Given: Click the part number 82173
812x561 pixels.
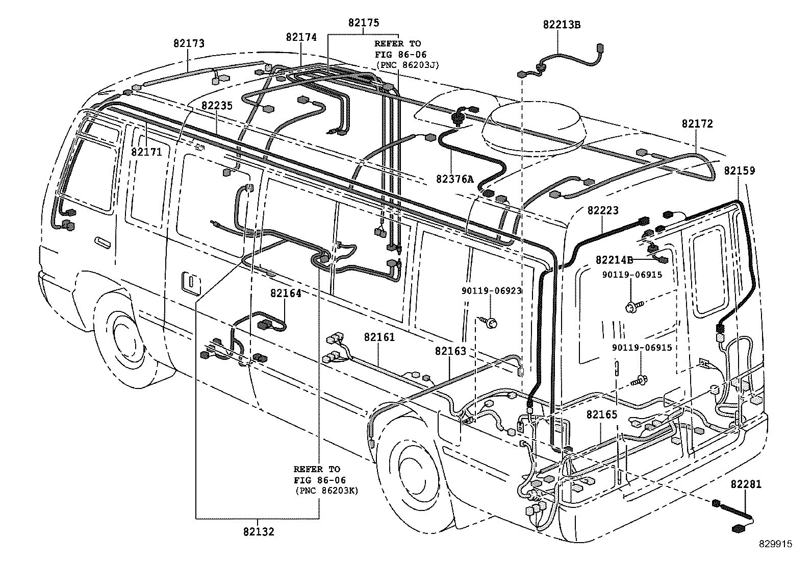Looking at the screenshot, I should [x=188, y=43].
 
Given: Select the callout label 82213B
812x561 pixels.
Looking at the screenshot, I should [x=561, y=25].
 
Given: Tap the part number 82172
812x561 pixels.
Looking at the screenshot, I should [x=697, y=124].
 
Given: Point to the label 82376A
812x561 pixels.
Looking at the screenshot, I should [x=455, y=179].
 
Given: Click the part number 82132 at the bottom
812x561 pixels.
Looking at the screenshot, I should [x=259, y=532].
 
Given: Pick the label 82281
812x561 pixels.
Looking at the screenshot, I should [x=746, y=484].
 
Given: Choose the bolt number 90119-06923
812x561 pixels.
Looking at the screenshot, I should [x=492, y=291].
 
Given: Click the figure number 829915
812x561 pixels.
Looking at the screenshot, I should [x=774, y=544].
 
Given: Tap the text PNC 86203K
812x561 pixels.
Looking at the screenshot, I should [x=326, y=491].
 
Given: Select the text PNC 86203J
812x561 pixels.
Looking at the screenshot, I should [x=408, y=65].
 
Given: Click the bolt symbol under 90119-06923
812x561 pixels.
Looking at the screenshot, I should [x=490, y=322].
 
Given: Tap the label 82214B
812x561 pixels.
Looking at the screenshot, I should [x=614, y=260].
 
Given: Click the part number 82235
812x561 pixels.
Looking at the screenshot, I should [x=216, y=106].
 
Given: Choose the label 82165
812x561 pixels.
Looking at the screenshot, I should [x=602, y=414].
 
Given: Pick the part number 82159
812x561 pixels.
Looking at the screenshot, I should [x=739, y=170].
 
